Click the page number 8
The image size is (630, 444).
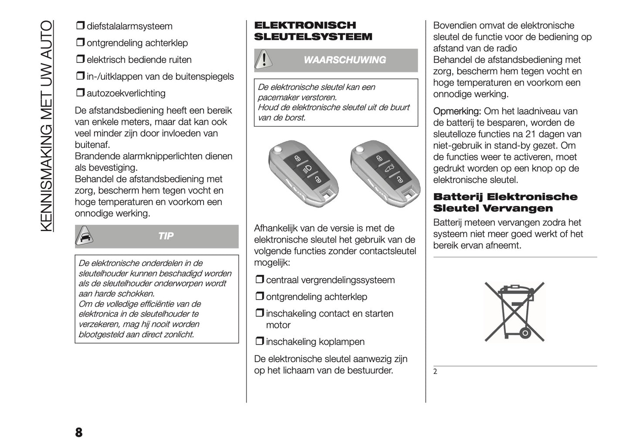click(78, 432)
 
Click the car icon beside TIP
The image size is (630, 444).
click(85, 236)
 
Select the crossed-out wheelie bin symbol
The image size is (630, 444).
click(514, 311)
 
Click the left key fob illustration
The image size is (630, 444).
click(303, 173)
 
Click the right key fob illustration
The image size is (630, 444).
click(385, 173)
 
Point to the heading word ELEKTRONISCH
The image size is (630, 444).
click(305, 25)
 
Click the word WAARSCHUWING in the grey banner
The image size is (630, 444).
click(344, 60)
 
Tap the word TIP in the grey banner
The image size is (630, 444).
click(166, 236)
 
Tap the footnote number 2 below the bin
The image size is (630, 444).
click(435, 372)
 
